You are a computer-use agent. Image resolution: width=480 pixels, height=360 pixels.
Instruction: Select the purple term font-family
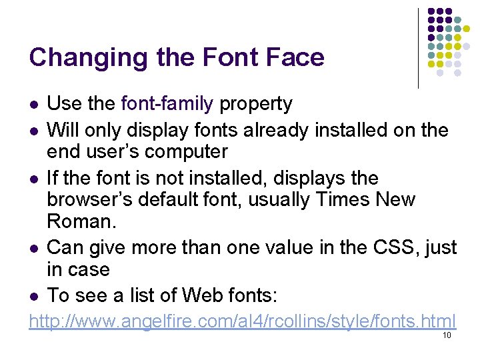[x=167, y=104]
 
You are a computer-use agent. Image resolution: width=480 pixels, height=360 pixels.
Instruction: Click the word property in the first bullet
[x=256, y=105]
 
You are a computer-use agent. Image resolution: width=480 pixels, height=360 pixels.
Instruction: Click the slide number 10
[x=447, y=335]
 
